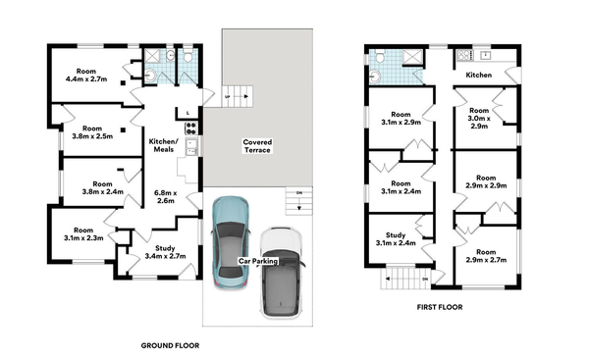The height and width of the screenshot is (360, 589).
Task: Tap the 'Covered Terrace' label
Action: [x=258, y=148]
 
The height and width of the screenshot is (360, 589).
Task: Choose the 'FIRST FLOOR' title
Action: [x=439, y=306]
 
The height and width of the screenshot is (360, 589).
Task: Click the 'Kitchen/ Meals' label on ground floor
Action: [x=163, y=145]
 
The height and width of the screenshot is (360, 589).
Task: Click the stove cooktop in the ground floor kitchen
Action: [x=190, y=126]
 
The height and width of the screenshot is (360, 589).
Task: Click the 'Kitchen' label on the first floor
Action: [x=479, y=75]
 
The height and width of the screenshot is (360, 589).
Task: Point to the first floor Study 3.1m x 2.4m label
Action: [x=397, y=238]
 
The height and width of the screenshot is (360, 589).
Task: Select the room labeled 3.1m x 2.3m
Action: [x=82, y=235]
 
